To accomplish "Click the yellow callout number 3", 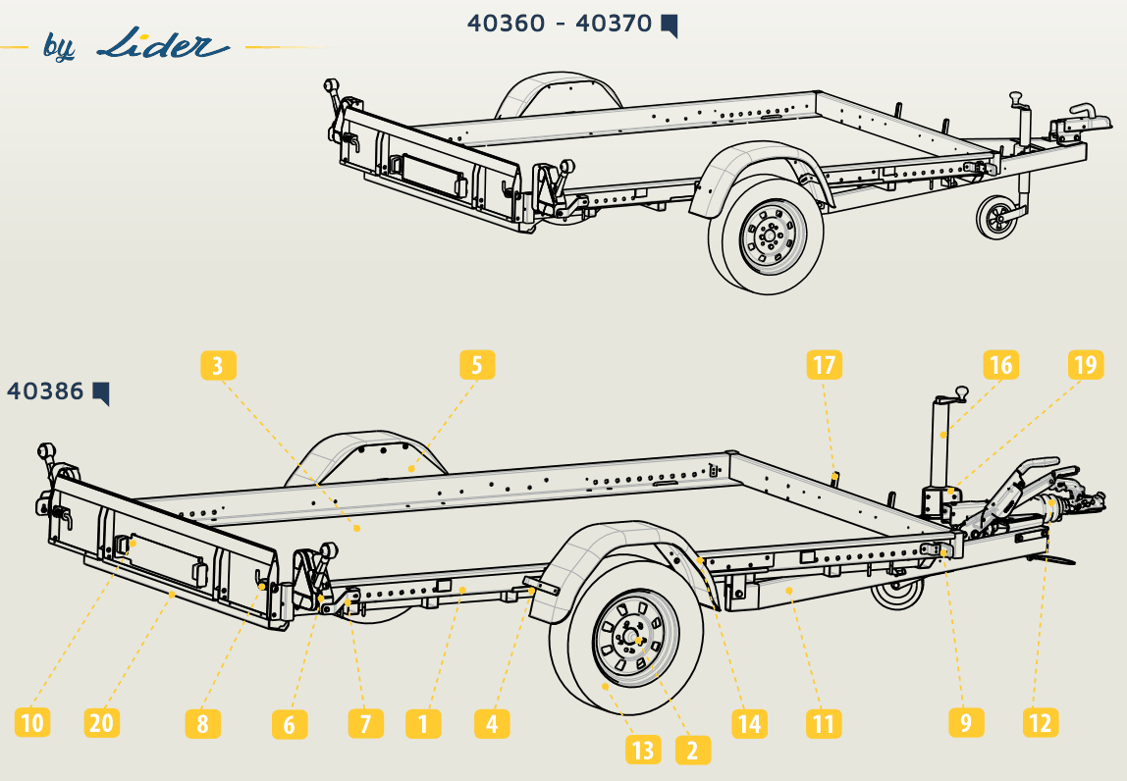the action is (219, 366).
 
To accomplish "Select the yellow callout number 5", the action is (477, 365).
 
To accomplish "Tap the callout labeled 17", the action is (824, 365).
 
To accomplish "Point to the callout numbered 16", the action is (1001, 365).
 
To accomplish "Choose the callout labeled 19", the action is (1086, 365).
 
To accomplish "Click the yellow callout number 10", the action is (33, 722).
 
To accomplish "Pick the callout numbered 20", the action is (101, 722).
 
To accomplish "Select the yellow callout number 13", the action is (643, 751).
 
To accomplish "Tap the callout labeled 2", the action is (693, 751).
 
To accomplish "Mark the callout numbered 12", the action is (1040, 722).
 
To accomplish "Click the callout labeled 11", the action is (824, 723).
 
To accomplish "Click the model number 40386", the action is (45, 391).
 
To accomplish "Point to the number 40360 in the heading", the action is (506, 23).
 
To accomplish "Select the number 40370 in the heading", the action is (614, 23).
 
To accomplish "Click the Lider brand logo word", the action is (163, 44).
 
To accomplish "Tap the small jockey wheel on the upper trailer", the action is (997, 216).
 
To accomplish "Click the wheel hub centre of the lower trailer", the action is (637, 639).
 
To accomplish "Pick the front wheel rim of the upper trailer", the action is (774, 235).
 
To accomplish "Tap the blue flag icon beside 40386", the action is (100, 393).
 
